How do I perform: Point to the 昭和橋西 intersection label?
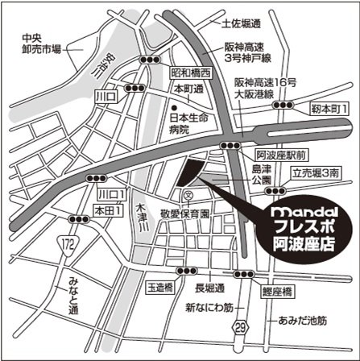point(190,73)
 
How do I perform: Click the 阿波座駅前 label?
point(282,151)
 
